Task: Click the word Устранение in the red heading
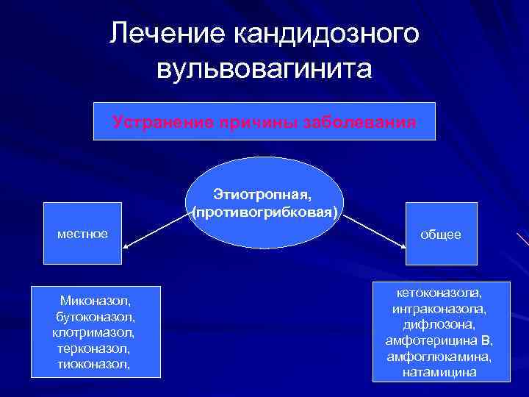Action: [x=156, y=121]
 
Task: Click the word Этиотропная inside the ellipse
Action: [x=262, y=196]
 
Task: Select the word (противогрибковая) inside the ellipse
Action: [x=264, y=212]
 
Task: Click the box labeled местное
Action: [x=82, y=234]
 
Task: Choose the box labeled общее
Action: [x=441, y=234]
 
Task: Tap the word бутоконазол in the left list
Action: [x=95, y=316]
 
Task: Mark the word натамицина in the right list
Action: [x=439, y=372]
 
